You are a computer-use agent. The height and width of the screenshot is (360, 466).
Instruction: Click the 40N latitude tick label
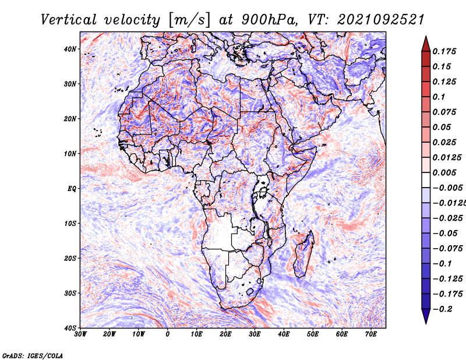pyautogui.click(x=70, y=49)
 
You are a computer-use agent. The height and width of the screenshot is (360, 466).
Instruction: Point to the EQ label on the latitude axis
pyautogui.click(x=72, y=189)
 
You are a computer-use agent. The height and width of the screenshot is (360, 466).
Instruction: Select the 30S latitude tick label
pyautogui.click(x=70, y=294)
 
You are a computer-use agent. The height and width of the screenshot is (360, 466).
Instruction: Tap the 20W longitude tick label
pyautogui.click(x=110, y=334)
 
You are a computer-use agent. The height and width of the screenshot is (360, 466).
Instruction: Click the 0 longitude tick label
pyautogui.click(x=168, y=334)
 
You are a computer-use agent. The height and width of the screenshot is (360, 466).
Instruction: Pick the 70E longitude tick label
pyautogui.click(x=371, y=334)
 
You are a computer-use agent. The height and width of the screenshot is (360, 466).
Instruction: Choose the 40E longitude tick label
pyautogui.click(x=284, y=334)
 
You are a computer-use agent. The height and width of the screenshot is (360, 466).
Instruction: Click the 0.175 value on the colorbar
pyautogui.click(x=444, y=51)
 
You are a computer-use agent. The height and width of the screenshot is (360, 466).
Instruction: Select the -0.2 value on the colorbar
pyautogui.click(x=442, y=309)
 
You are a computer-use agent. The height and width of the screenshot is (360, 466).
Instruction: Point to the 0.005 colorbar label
pyautogui.click(x=444, y=172)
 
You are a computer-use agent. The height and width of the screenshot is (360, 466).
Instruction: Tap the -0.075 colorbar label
pyautogui.click(x=447, y=249)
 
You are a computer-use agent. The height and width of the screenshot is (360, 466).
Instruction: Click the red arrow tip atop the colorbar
pyautogui.click(x=426, y=37)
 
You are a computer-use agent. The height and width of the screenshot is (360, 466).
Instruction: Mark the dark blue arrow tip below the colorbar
pyautogui.click(x=426, y=323)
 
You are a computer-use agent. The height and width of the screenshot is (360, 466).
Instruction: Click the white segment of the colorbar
pyautogui.click(x=426, y=180)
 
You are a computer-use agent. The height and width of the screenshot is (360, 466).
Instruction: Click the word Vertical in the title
pyautogui.click(x=69, y=20)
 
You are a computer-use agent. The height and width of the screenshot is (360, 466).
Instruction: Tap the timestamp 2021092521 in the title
pyautogui.click(x=381, y=20)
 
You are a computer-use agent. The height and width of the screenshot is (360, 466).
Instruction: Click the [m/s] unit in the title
pyautogui.click(x=190, y=20)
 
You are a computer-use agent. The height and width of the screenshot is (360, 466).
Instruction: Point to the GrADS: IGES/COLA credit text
pyautogui.click(x=33, y=356)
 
